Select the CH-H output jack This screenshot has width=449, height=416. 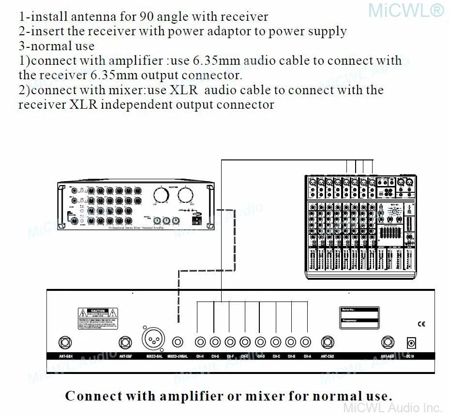coord(200,342)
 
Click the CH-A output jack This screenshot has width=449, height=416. coord(305,342)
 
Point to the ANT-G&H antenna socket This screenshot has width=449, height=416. coord(65,343)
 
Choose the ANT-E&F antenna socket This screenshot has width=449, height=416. coord(126,343)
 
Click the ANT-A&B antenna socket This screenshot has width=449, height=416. coord(389,343)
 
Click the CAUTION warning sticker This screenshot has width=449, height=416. coord(99,317)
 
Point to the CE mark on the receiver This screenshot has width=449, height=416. coord(421,324)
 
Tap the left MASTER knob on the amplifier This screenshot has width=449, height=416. coord(161,196)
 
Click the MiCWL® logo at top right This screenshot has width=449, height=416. coord(405,10)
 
